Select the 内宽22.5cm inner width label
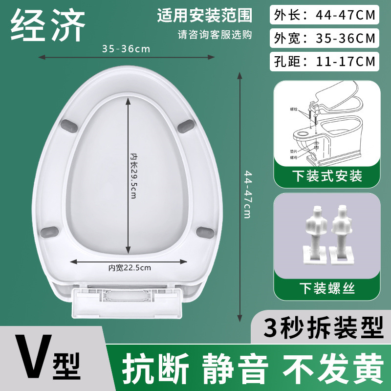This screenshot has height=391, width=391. [130, 267]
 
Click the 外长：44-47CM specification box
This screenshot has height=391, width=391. [324, 15]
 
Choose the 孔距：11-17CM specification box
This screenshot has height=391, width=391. [324, 61]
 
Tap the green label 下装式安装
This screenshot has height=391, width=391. [327, 175]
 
